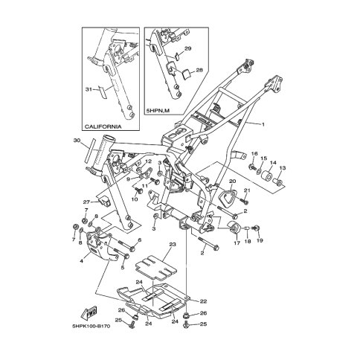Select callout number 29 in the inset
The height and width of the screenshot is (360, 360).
click(188, 48)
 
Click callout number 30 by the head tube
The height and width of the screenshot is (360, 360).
click(77, 141)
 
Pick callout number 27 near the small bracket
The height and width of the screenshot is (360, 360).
click(86, 202)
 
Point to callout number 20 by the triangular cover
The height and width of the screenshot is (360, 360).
click(231, 181)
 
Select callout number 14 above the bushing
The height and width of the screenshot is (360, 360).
click(272, 163)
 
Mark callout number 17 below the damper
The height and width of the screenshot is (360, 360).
click(237, 242)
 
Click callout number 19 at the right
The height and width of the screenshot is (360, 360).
click(260, 242)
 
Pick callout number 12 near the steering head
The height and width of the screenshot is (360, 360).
click(149, 161)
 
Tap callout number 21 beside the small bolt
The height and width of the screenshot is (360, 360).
click(248, 191)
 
